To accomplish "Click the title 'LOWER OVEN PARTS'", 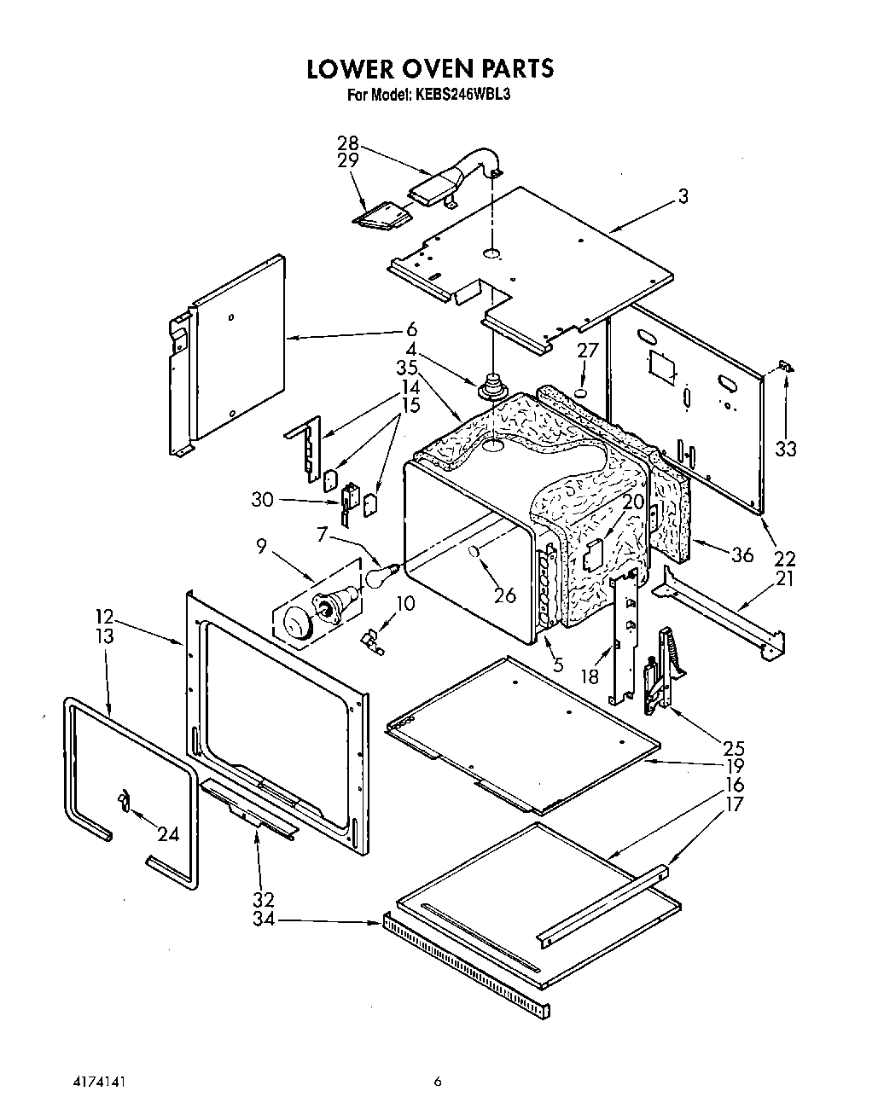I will click(x=430, y=68).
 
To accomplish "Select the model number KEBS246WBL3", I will click(x=462, y=95).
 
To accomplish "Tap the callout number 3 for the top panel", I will click(x=683, y=196).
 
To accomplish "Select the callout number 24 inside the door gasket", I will click(x=168, y=833).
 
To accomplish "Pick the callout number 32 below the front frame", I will click(x=263, y=898).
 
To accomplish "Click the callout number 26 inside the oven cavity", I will click(x=505, y=595).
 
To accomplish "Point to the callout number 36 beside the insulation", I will click(x=742, y=554).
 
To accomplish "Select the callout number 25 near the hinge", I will click(x=733, y=748).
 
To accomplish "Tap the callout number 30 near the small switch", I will click(x=262, y=499).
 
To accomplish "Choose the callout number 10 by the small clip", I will click(x=405, y=603).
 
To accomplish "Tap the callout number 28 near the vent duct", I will click(x=347, y=143).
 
